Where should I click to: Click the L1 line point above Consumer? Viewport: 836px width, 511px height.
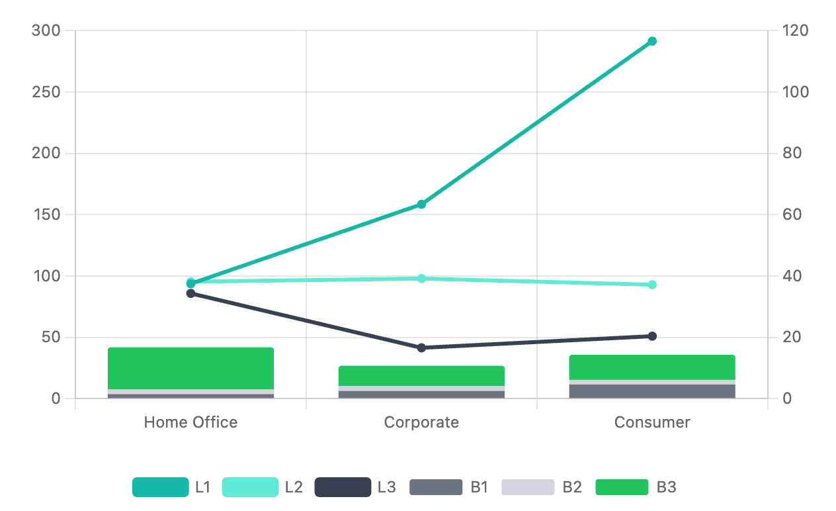[652, 41]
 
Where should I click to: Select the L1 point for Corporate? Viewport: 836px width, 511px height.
[421, 204]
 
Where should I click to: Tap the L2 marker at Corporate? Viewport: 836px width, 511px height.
[421, 278]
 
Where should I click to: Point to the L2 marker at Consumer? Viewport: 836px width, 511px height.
[652, 285]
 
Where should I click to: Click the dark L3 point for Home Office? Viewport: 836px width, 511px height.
[190, 293]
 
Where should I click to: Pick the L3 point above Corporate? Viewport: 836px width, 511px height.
[421, 348]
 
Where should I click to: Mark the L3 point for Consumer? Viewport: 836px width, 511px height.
[652, 336]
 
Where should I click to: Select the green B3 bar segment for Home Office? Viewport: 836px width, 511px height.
[190, 368]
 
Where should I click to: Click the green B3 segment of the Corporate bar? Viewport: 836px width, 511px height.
[421, 375]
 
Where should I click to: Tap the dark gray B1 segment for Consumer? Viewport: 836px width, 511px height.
[652, 391]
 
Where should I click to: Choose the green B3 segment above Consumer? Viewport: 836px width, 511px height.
[652, 367]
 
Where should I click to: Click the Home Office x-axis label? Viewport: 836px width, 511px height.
[190, 422]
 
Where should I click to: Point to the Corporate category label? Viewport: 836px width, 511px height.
[421, 422]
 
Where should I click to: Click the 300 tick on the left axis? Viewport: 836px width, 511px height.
[46, 30]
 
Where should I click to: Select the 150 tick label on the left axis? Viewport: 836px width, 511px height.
[46, 214]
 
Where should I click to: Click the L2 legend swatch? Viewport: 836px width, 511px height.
[250, 488]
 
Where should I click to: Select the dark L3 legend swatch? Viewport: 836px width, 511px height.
[343, 488]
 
